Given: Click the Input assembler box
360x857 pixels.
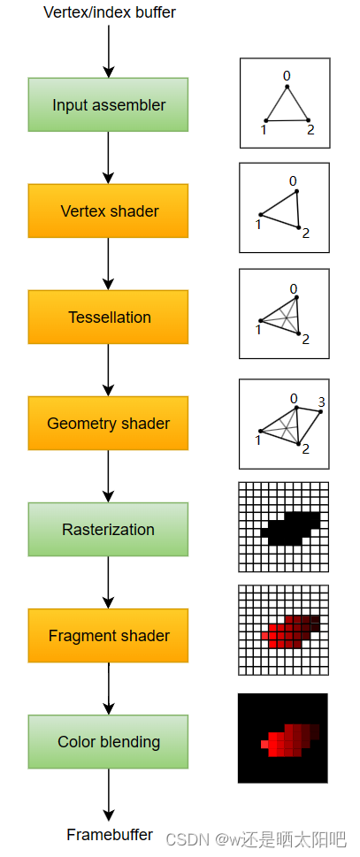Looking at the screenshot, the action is (x=108, y=104).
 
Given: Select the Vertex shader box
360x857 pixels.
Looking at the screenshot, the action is (x=108, y=211).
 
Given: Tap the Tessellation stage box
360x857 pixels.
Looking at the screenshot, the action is (x=108, y=317).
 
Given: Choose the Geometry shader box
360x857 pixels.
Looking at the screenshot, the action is (x=108, y=423).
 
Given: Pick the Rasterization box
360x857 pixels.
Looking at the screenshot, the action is (x=108, y=529).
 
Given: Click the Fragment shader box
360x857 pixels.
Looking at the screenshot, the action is (x=108, y=636).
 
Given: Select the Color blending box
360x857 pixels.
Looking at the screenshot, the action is (x=108, y=742).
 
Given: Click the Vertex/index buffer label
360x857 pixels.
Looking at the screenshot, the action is (x=110, y=12).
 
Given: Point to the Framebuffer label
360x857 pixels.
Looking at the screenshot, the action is (x=110, y=835).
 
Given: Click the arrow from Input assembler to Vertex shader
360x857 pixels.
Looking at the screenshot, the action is (x=108, y=157).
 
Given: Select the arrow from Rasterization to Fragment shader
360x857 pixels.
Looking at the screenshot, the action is (x=108, y=582).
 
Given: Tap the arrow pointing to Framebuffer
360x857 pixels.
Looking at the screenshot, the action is (x=108, y=795).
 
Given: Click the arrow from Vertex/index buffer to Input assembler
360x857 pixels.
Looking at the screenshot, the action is (x=108, y=50).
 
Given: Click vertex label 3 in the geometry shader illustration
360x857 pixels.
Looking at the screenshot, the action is (x=321, y=402).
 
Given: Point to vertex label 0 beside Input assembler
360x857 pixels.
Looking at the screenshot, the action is (x=287, y=76).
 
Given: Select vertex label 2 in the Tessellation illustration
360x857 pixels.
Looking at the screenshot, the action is (x=305, y=340).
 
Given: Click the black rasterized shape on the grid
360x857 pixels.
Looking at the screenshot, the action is (x=289, y=529).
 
